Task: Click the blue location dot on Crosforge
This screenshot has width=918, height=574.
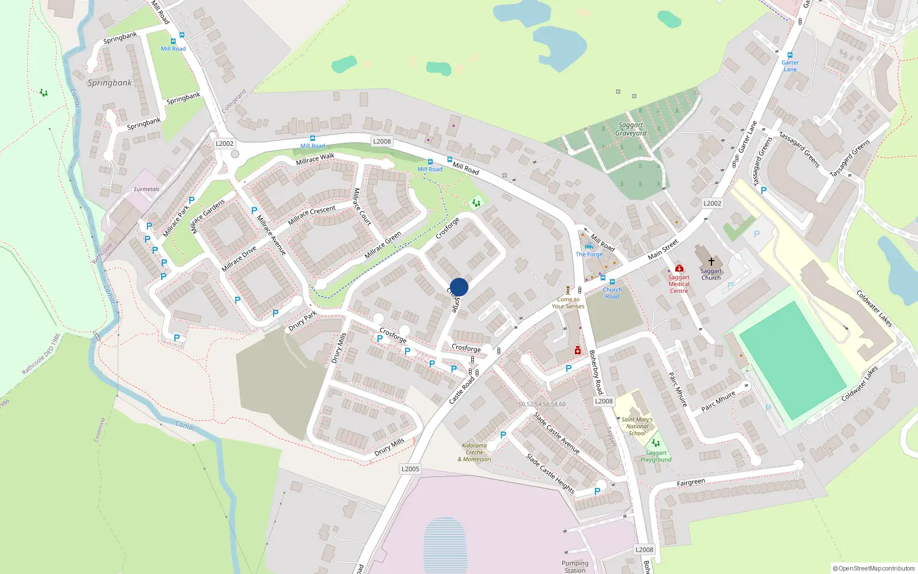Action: click(459, 287)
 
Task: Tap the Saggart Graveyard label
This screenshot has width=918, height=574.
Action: click(631, 129)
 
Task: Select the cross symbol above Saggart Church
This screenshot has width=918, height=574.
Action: click(711, 262)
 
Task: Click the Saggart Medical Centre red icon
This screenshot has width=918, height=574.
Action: click(679, 268)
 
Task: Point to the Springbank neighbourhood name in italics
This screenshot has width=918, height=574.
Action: click(110, 83)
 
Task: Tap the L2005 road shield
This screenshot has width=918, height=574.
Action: click(410, 469)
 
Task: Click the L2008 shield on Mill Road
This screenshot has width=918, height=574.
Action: click(382, 141)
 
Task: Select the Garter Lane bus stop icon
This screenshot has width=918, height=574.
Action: click(790, 55)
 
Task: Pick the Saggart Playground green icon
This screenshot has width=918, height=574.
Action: click(656, 443)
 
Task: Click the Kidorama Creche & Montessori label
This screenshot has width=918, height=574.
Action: click(474, 452)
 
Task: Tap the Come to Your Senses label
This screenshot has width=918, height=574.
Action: click(568, 302)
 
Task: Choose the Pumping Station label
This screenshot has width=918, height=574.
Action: click(575, 567)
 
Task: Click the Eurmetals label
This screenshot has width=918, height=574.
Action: click(147, 189)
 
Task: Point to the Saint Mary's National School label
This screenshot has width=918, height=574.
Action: click(637, 426)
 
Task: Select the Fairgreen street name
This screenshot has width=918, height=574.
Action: click(691, 483)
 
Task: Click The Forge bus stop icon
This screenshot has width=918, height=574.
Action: click(589, 247)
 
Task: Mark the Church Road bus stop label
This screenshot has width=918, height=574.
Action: click(612, 293)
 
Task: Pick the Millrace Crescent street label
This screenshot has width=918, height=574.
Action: click(312, 214)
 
